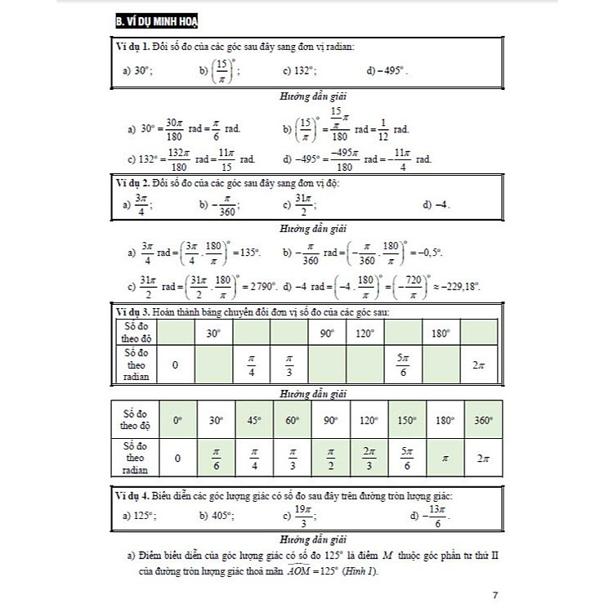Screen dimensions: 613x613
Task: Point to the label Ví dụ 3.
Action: coord(134,313)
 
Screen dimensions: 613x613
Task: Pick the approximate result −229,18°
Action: coord(459,286)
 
